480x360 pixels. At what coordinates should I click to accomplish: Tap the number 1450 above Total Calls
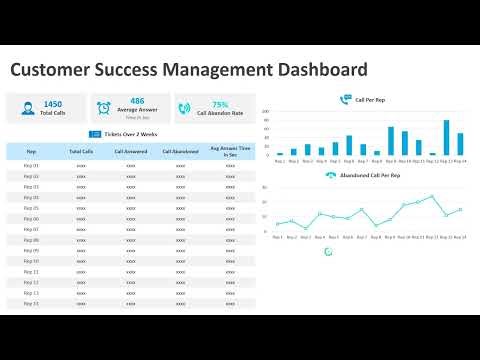point(53,103)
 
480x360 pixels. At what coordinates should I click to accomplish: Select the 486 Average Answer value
point(137,101)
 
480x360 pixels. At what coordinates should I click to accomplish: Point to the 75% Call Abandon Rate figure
point(220,104)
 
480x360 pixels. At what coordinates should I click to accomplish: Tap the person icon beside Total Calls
point(25,108)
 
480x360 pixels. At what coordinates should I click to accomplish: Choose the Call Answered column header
point(131,152)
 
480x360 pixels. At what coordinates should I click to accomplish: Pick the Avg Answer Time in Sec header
point(230,152)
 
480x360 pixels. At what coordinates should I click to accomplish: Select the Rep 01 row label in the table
point(31,165)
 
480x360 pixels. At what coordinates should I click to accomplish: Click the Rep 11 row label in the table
point(31,271)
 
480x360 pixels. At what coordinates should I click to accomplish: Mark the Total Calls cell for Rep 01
point(81,165)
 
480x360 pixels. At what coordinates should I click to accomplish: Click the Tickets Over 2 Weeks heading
point(130,134)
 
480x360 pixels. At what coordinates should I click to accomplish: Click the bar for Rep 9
point(391,141)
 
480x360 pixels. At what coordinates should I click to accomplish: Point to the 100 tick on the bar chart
point(266,111)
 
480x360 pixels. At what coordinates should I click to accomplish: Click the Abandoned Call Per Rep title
point(369,176)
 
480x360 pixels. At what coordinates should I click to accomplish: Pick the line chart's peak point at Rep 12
point(432,197)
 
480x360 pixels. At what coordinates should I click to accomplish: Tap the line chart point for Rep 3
point(306,228)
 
